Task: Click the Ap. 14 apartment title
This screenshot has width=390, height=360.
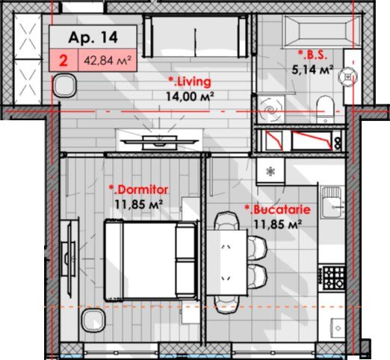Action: coord(93,37)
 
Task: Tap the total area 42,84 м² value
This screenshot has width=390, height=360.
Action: coord(108,60)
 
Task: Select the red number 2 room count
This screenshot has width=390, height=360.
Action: coord(64,60)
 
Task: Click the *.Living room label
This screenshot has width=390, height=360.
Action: coord(190,82)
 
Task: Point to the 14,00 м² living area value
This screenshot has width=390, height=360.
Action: coord(190,96)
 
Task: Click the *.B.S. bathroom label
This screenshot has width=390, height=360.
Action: coord(312,55)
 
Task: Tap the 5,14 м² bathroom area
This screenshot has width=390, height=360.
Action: coord(312,69)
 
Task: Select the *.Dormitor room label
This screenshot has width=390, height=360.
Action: coord(138,190)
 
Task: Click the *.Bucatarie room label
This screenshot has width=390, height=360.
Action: coord(278,210)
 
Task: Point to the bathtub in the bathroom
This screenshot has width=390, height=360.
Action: coord(322,31)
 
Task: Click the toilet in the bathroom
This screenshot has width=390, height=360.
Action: coord(325,109)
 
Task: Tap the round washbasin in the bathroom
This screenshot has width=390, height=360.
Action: coord(348,77)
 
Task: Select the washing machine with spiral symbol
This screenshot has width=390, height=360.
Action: coord(270,109)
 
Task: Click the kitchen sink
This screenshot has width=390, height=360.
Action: coord(332,202)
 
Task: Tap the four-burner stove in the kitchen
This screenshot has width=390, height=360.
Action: coord(334,278)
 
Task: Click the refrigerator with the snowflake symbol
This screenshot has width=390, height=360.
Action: coord(270,171)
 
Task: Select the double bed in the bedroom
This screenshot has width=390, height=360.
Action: coord(152,261)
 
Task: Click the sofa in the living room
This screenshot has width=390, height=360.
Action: coord(196,36)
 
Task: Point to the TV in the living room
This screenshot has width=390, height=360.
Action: coord(160,142)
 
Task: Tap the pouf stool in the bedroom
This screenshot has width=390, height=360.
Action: coord(93,320)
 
